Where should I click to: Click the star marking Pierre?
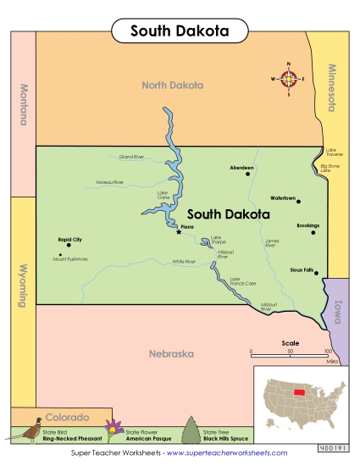[179, 231]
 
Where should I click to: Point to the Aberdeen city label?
[241, 168]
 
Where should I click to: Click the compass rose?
[289, 80]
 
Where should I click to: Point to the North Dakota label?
[173, 85]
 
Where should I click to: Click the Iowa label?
[336, 314]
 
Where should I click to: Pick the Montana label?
[24, 103]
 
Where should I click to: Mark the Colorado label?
[67, 418]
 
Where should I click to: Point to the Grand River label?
[132, 157]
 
